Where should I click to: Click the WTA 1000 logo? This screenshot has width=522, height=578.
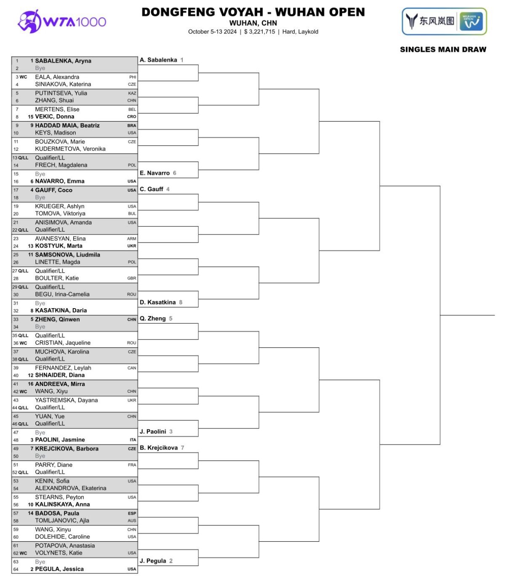(62, 21)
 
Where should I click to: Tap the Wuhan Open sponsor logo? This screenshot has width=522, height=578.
(444, 21)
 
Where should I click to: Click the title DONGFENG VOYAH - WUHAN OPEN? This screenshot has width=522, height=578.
(253, 12)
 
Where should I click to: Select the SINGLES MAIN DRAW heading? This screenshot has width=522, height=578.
(443, 50)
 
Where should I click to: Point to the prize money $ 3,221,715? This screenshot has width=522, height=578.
(259, 32)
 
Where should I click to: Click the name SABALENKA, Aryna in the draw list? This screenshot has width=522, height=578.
(63, 61)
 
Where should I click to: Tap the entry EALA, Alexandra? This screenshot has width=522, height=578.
(57, 77)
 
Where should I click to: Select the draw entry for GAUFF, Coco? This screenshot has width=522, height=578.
(53, 190)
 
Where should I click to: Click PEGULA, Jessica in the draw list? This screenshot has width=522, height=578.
(59, 569)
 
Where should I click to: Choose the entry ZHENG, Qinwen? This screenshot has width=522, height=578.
(57, 319)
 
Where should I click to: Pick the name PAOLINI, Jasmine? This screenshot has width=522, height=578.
(60, 439)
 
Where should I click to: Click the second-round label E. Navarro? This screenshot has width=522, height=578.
(154, 173)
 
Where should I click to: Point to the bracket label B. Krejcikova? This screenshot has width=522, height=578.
(158, 447)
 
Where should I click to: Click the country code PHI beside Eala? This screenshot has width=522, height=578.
(133, 77)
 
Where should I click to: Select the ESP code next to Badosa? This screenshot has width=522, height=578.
(132, 514)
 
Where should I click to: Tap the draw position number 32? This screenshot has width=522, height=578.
(16, 311)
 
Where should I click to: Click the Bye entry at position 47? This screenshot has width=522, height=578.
(40, 432)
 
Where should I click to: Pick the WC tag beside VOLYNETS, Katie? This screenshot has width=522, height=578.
(23, 553)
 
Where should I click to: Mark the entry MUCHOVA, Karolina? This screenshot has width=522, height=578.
(62, 352)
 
